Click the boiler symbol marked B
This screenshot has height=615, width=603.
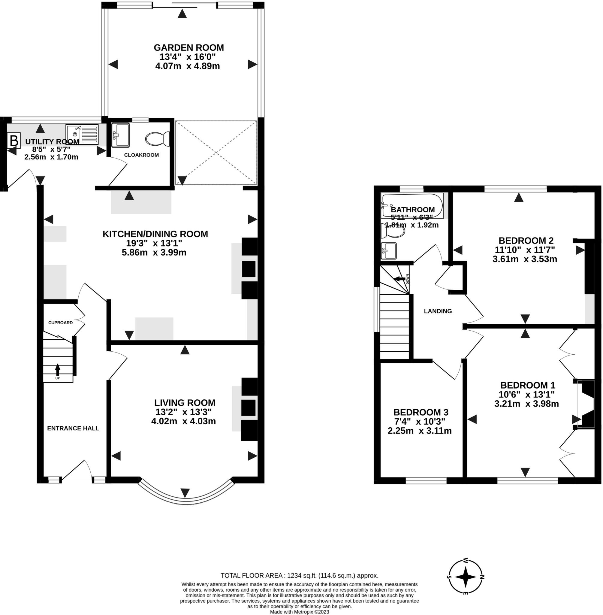click(14, 140)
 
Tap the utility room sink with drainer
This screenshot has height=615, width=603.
click(82, 135)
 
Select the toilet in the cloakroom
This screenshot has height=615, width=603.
click(157, 139)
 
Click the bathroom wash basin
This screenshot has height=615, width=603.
click(389, 251)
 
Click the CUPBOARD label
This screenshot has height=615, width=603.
click(61, 323)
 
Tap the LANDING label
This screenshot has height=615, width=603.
click(438, 311)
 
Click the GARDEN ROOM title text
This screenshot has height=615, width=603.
click(189, 47)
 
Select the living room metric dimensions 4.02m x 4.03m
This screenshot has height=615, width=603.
click(184, 421)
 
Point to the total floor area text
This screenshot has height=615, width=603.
click(300, 575)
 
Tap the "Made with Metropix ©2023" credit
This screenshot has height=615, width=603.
click(300, 612)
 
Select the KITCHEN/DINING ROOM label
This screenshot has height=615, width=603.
click(155, 234)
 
